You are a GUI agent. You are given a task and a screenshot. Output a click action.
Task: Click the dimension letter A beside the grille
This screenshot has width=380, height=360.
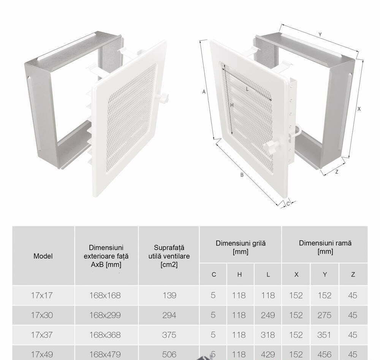point(204,92)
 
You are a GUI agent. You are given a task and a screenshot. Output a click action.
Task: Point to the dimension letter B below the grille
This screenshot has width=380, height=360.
point(242,175)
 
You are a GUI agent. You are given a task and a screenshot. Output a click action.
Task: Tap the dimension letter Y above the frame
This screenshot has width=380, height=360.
point(320,35)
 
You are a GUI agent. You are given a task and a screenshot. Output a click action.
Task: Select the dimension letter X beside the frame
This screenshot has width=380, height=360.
point(359,109)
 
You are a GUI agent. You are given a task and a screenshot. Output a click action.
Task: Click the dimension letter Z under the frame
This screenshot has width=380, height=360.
point(337,172)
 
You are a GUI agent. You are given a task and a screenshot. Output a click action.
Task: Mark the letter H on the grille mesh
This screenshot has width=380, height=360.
point(232,105)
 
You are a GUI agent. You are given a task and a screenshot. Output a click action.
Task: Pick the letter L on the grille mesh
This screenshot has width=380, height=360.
point(247,89)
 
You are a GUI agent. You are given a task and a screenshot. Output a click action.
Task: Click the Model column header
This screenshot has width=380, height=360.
point(43,256)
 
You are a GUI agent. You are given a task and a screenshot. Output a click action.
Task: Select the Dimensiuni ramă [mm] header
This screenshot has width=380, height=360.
point(325,247)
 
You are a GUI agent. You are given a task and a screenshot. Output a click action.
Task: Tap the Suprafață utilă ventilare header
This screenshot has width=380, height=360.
point(169,256)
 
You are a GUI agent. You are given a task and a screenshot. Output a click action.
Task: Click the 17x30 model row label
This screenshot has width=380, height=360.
point(42,315)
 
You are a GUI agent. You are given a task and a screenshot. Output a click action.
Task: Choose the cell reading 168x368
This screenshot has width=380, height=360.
point(105,335)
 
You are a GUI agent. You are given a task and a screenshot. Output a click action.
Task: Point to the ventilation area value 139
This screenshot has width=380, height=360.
point(169,295)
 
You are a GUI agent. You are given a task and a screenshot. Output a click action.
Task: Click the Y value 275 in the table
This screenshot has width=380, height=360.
point(324,315)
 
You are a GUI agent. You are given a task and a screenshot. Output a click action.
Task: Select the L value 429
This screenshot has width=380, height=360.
point(268,354)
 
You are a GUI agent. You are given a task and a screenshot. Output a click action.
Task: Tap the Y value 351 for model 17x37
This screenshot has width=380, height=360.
point(324,335)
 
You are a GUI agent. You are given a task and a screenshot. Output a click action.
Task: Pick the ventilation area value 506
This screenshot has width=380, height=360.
point(169,354)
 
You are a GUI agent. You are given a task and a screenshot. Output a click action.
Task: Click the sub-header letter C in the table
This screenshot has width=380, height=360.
point(214,274)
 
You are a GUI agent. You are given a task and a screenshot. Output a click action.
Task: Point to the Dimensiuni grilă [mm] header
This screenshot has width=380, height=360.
point(241,247)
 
